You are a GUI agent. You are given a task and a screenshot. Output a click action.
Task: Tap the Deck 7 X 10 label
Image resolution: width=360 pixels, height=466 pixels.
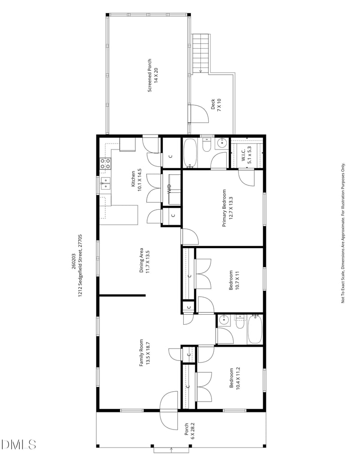(x=216, y=104)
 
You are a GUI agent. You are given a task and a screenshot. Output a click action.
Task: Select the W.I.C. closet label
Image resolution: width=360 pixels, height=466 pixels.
(x=246, y=154)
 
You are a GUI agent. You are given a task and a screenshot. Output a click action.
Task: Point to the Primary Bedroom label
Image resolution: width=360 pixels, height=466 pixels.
(x=227, y=208)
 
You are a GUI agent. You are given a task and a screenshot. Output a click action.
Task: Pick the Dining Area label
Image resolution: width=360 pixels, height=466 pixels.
(x=144, y=260)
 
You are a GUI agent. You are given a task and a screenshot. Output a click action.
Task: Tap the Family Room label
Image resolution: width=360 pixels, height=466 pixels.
(x=144, y=353)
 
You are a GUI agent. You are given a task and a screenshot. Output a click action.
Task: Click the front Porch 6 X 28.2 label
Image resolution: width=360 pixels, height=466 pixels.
(x=189, y=431)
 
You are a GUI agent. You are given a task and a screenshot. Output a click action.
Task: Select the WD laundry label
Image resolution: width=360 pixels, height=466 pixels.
(x=169, y=189)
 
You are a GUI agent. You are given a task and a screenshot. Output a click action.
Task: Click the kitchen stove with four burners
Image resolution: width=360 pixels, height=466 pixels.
(x=105, y=163)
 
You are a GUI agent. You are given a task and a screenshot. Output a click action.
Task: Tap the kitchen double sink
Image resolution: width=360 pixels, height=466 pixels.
(x=105, y=184)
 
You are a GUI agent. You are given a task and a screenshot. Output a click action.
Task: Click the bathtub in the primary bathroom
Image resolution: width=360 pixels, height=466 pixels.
(x=189, y=153)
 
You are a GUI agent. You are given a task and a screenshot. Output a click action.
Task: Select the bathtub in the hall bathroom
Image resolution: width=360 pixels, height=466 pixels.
(x=255, y=329)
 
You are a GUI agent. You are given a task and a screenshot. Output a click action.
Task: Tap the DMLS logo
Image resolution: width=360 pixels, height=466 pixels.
(x=18, y=444)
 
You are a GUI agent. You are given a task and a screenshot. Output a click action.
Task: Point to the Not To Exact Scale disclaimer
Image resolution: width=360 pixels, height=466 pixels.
(x=343, y=233)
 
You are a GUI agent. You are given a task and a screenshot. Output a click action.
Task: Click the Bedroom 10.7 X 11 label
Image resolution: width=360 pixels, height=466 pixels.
(x=234, y=280)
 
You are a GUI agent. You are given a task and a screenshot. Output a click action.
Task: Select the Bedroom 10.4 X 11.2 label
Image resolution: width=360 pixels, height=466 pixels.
(x=234, y=378)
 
